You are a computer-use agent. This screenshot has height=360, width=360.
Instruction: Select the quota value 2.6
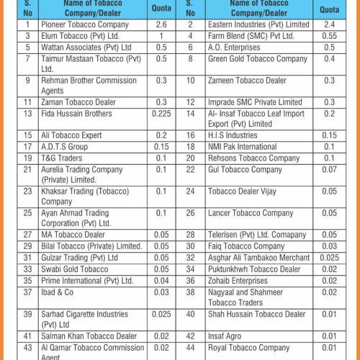[161, 24]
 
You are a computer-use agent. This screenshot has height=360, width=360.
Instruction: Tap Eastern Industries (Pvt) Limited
[258, 24]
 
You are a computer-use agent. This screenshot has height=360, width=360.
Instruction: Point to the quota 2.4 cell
[329, 24]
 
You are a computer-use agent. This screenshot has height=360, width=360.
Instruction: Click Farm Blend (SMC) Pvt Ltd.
[251, 35]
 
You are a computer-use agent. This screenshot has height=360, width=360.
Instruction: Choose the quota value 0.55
[329, 35]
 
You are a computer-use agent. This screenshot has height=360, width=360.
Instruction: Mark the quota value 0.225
[161, 113]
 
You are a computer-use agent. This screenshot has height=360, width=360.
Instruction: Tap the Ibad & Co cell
[58, 292]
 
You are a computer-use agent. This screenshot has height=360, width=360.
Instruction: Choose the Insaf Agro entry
[226, 336]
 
